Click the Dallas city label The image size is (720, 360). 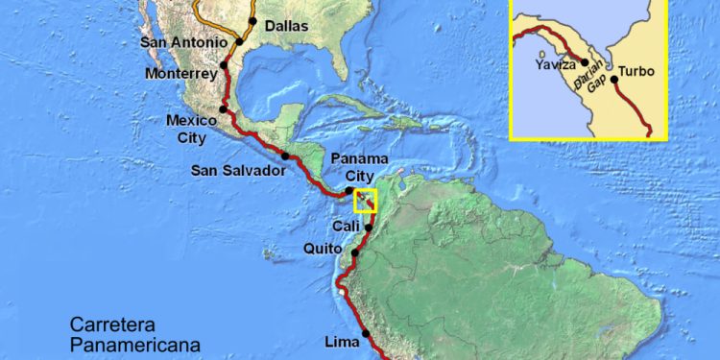tap(286, 26)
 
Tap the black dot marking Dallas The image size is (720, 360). tap(252, 21)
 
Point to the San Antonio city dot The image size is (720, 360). tap(239, 42)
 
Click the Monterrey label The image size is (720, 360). tap(180, 74)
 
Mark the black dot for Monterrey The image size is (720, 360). tap(224, 65)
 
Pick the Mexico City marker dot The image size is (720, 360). tap(223, 109)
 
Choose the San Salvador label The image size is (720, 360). tap(238, 170)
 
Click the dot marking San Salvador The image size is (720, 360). tap(285, 156)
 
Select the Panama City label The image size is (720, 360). tap(358, 166)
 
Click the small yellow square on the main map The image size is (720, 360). tap(367, 200)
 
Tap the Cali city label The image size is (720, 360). tap(346, 226)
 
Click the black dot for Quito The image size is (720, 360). tap(355, 253)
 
